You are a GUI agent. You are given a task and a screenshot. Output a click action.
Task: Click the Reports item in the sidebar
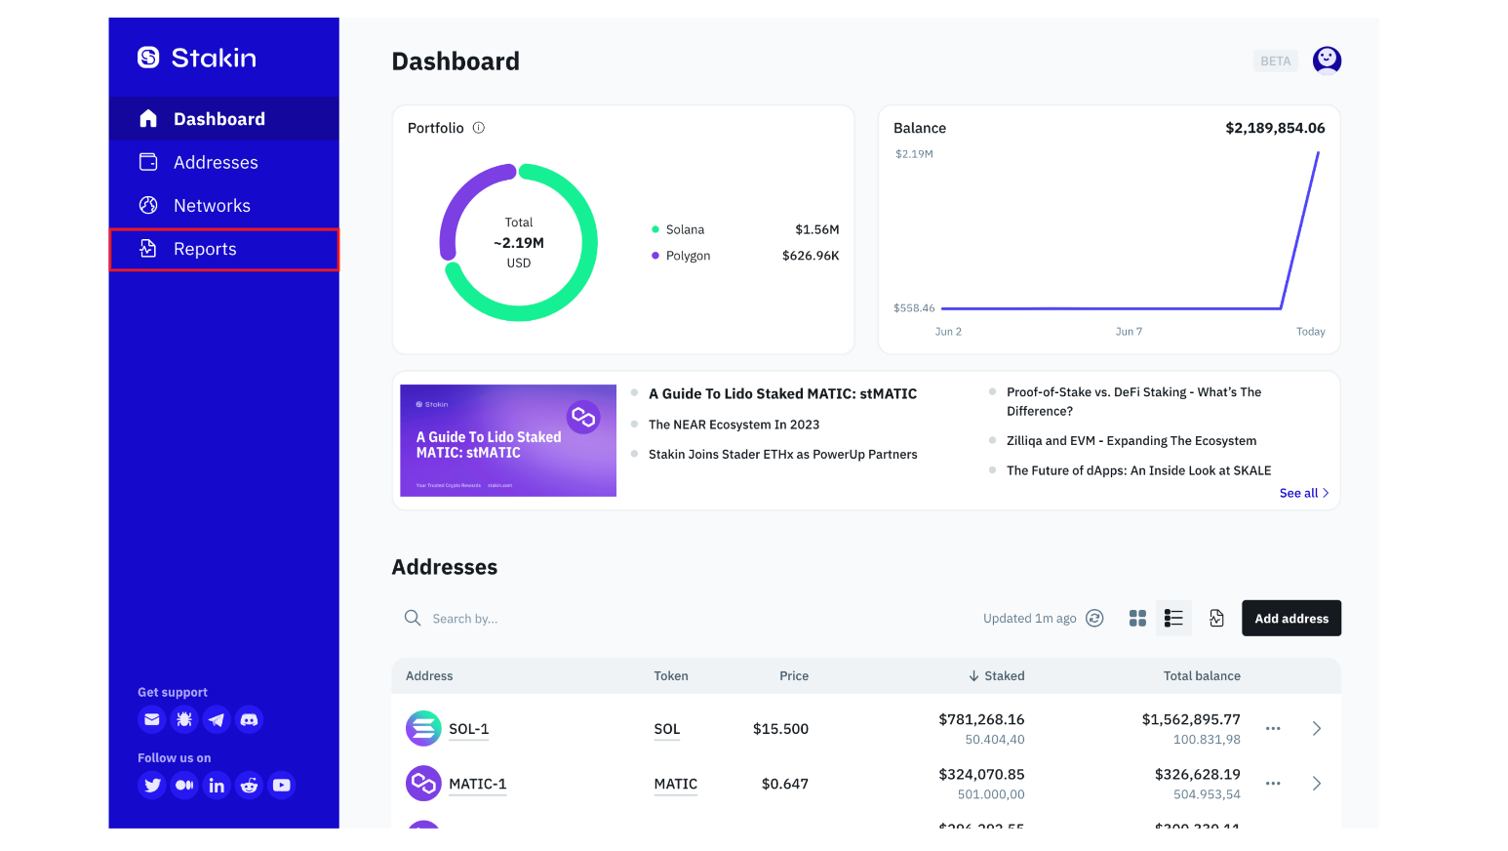[x=205, y=250]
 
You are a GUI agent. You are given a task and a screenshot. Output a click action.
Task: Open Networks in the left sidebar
[x=212, y=206]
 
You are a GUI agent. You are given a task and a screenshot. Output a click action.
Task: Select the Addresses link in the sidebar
[x=216, y=163]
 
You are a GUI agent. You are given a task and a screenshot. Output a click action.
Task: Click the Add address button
[x=1290, y=619]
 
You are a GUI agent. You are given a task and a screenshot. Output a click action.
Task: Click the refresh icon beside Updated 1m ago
[x=1094, y=619]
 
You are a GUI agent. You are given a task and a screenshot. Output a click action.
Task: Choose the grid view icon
[x=1137, y=619]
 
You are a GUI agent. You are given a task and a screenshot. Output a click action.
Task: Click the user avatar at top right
[x=1327, y=61]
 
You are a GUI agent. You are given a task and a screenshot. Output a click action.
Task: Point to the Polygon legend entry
[x=688, y=256]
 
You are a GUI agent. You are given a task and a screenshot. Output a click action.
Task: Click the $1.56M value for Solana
[x=816, y=230]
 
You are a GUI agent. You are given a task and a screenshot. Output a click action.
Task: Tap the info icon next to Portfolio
[x=479, y=128]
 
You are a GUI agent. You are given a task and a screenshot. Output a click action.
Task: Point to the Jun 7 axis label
[x=1129, y=332]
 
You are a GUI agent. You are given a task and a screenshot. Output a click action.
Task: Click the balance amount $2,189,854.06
[x=1275, y=128]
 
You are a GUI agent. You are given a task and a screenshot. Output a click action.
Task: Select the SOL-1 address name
[x=468, y=729]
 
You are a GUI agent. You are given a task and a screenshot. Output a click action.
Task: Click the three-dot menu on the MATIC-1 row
[x=1273, y=784]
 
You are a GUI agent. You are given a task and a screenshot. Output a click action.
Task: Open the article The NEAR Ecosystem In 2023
[x=734, y=425]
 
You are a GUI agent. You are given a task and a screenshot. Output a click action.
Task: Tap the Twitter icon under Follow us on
[x=152, y=786]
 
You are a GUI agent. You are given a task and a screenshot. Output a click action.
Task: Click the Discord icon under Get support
[x=250, y=720]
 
